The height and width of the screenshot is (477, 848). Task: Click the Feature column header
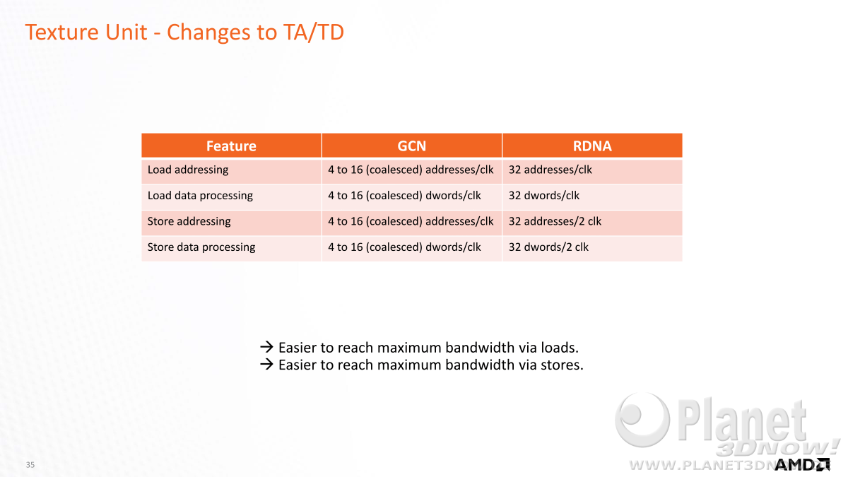[231, 146]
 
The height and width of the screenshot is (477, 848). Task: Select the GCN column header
[411, 146]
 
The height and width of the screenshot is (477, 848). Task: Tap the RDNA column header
[592, 146]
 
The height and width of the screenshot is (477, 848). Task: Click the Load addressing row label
[188, 170]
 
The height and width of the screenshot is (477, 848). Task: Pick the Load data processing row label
[200, 196]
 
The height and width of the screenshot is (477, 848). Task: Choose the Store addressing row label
[189, 221]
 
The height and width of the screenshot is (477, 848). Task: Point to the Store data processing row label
[201, 247]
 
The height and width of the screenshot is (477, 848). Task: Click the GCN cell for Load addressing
[411, 170]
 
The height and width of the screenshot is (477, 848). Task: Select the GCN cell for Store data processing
[404, 247]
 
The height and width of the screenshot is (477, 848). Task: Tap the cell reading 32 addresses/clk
[550, 170]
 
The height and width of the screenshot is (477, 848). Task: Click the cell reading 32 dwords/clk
[543, 196]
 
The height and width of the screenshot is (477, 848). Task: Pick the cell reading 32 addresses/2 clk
[555, 221]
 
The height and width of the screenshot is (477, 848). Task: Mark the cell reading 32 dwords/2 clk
[548, 247]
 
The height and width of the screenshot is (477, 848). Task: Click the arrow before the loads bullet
[266, 347]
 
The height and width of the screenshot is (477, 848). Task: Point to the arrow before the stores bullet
[266, 364]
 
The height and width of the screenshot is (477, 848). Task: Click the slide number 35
[30, 464]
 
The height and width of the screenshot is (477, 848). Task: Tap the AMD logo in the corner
[802, 464]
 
